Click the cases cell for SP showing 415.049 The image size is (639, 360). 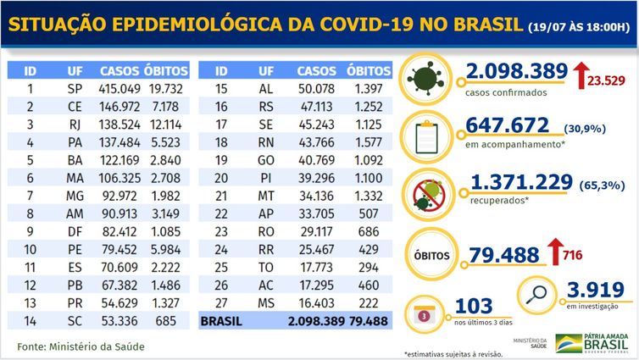tap(119, 87)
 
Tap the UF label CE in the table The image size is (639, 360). tap(74, 106)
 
